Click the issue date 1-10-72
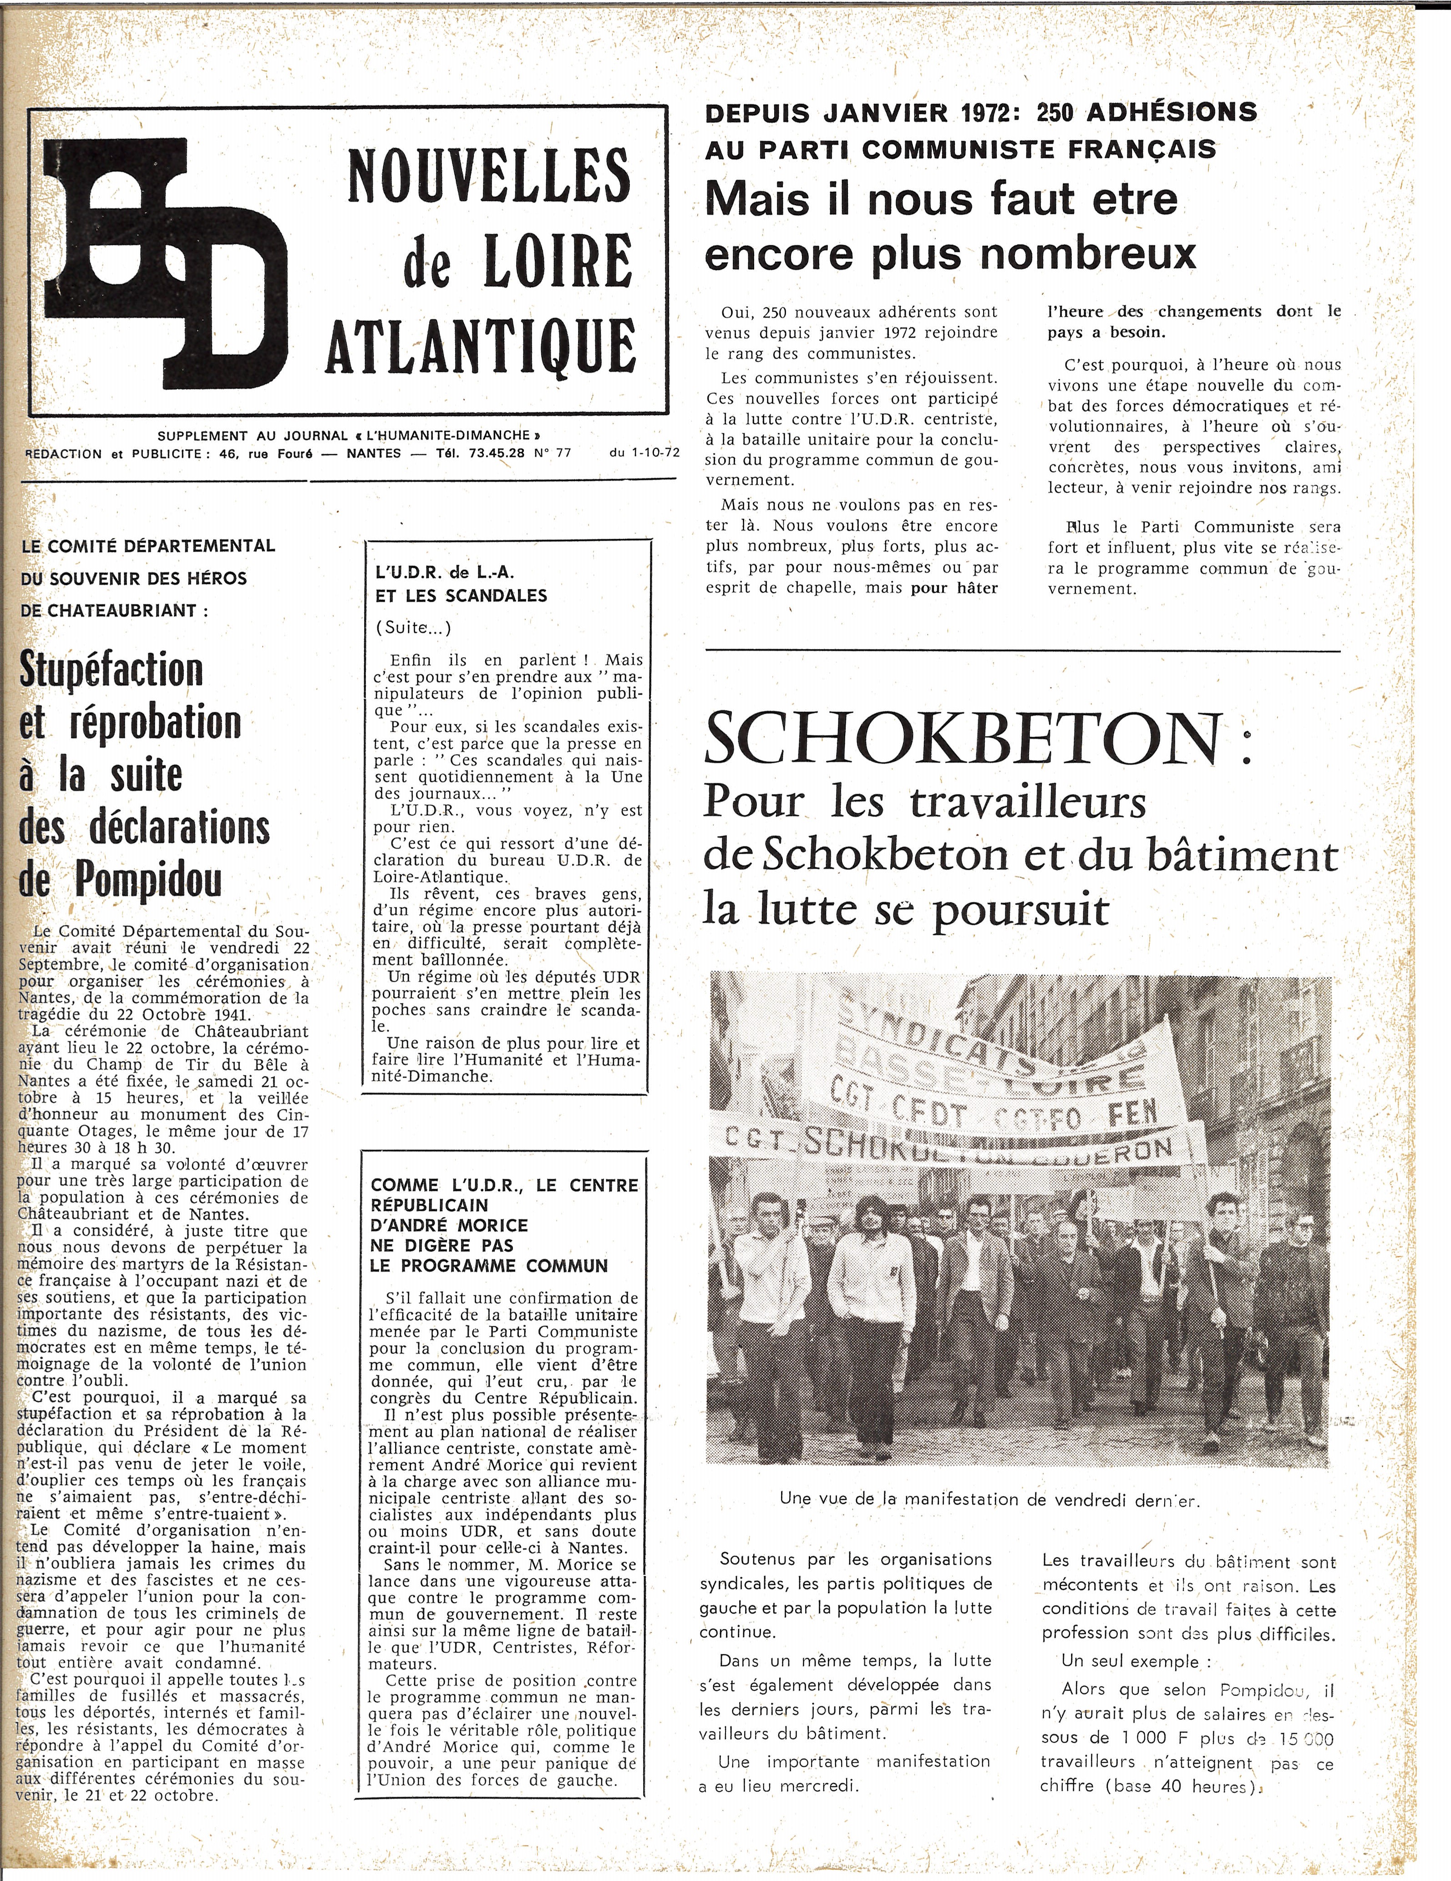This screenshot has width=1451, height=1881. click(642, 453)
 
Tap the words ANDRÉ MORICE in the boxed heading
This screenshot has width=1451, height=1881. click(460, 1225)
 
